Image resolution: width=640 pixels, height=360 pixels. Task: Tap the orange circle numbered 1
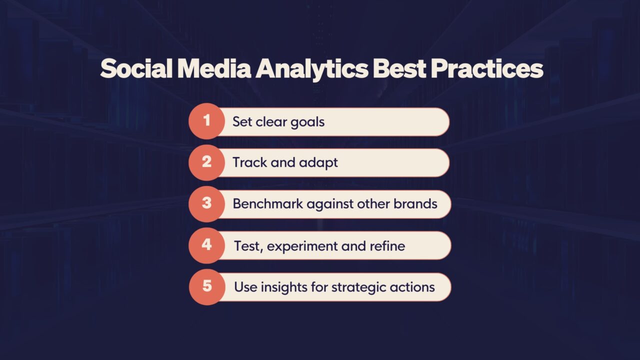206,121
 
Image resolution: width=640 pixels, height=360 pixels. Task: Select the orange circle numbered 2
206,162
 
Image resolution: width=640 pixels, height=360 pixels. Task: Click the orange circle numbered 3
206,204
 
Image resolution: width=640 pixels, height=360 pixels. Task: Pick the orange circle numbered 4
206,245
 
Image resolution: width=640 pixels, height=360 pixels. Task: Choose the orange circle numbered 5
206,286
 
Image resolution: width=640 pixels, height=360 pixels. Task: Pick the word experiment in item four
302,246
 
